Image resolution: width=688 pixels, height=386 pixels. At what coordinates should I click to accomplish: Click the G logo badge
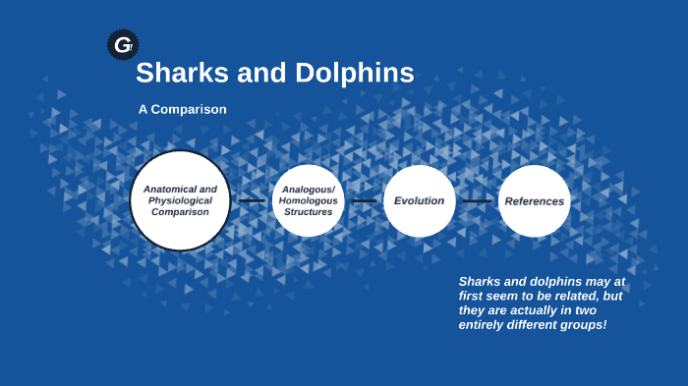tap(123, 44)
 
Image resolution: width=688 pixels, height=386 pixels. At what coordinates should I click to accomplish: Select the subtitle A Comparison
tap(183, 109)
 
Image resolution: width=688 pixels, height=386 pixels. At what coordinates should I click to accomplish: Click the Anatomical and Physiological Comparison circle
tap(180, 200)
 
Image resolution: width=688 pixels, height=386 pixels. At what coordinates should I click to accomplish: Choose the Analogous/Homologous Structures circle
tap(308, 200)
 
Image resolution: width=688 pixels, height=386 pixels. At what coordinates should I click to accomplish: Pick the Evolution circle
tap(420, 200)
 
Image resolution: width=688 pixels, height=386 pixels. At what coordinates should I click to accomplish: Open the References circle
tap(534, 200)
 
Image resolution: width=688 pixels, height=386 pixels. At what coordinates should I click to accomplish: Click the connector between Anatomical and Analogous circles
tap(252, 200)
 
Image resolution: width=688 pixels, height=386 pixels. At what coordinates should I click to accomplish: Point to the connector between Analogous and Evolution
tap(365, 200)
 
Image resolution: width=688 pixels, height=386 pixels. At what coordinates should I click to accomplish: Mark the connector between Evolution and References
tap(477, 200)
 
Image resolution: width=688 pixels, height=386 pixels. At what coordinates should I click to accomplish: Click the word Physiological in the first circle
tap(180, 200)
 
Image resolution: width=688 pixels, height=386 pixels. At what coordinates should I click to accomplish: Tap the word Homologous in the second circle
tap(308, 200)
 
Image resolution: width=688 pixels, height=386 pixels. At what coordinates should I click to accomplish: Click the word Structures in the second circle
tap(308, 212)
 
